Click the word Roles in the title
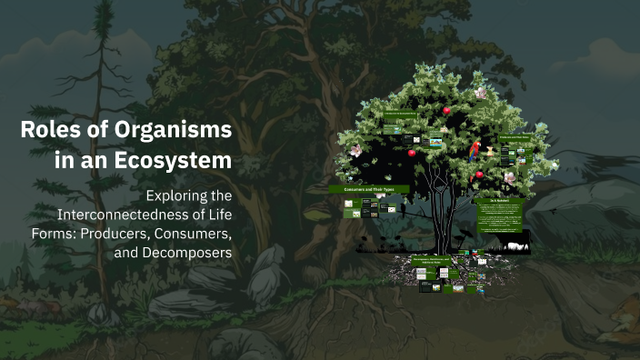[45, 130]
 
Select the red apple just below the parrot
[479, 175]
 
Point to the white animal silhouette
[515, 245]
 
